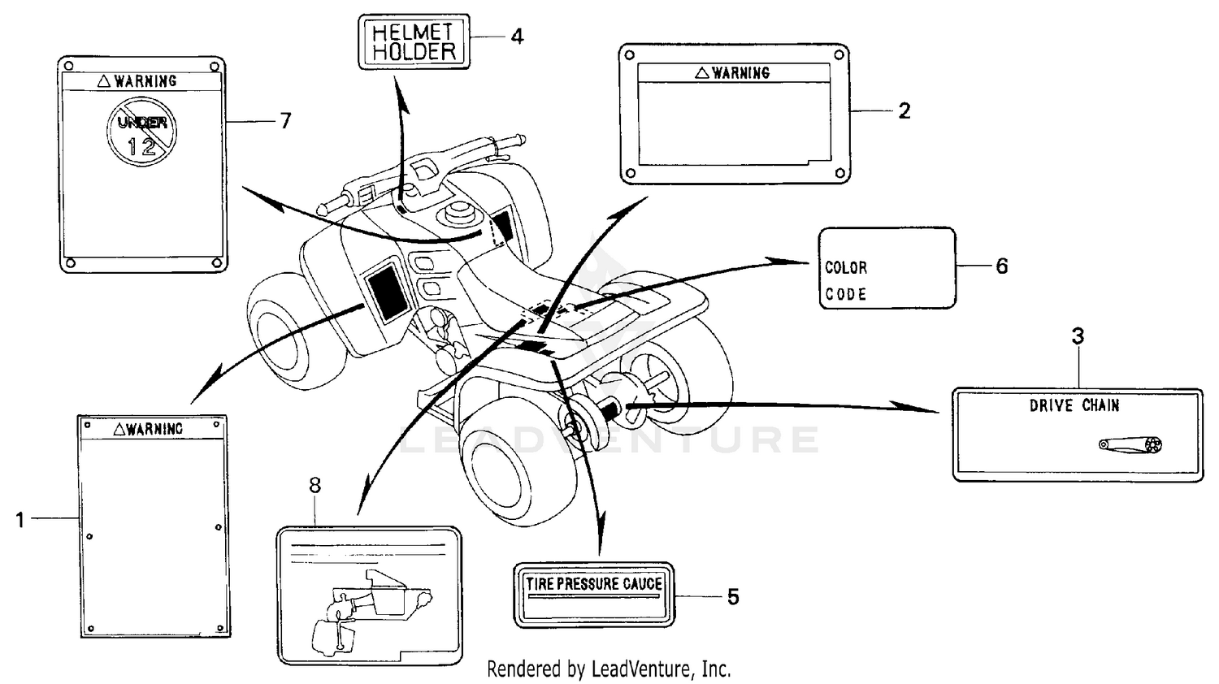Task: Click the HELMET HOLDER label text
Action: [414, 42]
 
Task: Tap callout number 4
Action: [517, 37]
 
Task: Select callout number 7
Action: [285, 121]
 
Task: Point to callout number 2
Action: [904, 110]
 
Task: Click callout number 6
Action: [1001, 266]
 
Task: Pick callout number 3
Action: [1078, 336]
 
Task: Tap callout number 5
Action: [733, 597]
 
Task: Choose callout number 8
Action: [315, 486]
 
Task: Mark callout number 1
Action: [20, 519]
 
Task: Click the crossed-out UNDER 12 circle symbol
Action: [142, 132]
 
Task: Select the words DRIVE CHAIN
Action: [1074, 405]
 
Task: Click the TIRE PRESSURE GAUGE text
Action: [594, 583]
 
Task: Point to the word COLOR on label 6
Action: [846, 267]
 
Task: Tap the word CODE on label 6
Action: [846, 294]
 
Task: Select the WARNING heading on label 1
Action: [148, 429]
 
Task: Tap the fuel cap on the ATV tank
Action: [456, 213]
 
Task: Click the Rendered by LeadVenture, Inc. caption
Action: [609, 669]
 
